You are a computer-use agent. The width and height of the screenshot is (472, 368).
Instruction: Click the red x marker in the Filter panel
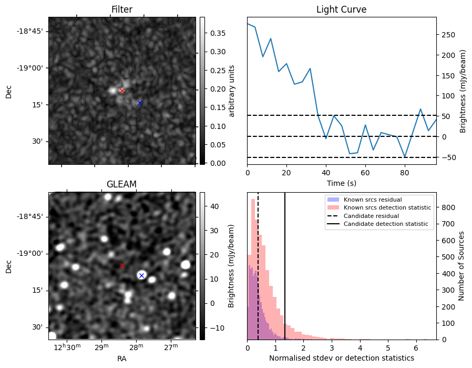tap(122, 91)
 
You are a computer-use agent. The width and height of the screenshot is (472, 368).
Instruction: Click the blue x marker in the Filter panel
tap(140, 103)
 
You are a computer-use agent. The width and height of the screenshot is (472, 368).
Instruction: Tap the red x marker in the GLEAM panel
tap(122, 266)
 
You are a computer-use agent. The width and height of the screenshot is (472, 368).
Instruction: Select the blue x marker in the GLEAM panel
tap(141, 275)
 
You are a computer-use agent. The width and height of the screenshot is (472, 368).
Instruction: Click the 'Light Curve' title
tap(341, 9)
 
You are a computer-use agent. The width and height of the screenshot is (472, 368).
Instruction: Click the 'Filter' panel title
tap(122, 9)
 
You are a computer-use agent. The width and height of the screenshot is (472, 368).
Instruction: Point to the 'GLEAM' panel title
tap(122, 184)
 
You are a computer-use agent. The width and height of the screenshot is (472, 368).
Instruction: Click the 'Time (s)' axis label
tap(341, 183)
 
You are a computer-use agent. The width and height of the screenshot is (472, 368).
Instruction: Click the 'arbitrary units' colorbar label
tap(232, 91)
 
